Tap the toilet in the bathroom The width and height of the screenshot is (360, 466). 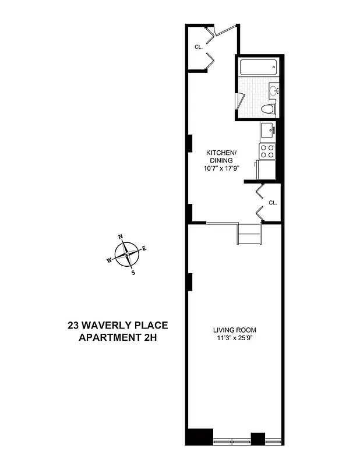click(267, 108)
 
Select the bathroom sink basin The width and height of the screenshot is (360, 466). click(274, 90)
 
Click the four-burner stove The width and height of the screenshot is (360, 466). click(267, 151)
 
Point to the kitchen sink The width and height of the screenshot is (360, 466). click(267, 130)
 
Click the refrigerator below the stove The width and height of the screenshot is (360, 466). click(267, 170)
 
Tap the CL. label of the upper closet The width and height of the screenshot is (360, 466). click(198, 47)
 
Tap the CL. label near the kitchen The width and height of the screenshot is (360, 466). click(273, 203)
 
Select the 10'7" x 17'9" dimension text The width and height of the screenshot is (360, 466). click(222, 168)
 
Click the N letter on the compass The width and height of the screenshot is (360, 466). click(121, 236)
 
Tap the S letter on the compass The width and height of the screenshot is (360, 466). click(133, 272)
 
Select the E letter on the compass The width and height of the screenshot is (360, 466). click(144, 248)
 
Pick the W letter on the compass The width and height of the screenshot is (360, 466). click(109, 260)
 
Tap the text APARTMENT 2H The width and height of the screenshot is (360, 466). click(118, 337)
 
